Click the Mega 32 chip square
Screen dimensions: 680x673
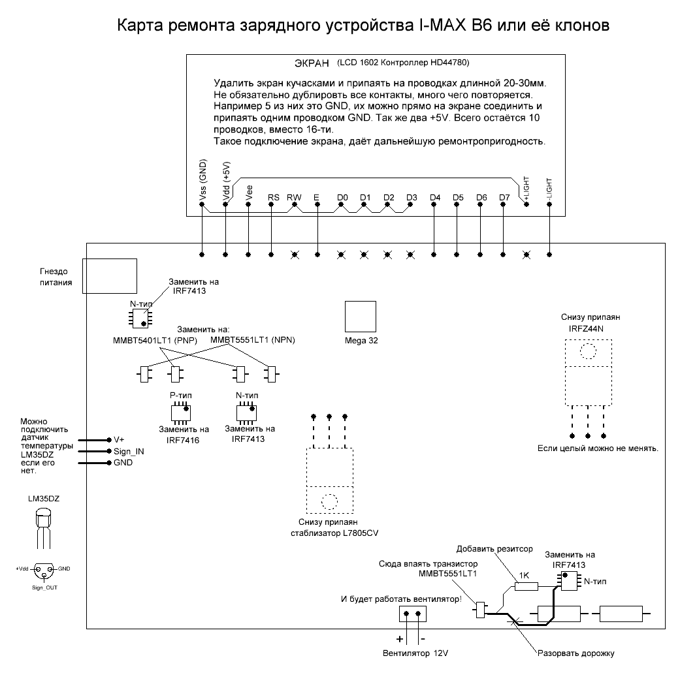tap(361, 317)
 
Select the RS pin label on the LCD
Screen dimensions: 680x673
tap(274, 198)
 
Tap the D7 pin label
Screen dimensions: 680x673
tap(504, 198)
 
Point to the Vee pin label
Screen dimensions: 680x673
tap(249, 193)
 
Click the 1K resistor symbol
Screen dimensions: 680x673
tap(526, 587)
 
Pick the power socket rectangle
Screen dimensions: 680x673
tap(110, 276)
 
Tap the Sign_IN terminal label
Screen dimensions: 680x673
tap(129, 452)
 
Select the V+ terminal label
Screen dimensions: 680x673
tap(119, 440)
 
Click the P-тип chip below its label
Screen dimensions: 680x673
tap(181, 413)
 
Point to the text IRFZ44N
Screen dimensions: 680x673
tap(586, 329)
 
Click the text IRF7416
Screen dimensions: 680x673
tap(183, 440)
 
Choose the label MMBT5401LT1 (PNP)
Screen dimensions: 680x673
tap(155, 341)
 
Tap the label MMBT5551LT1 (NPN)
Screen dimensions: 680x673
tap(252, 340)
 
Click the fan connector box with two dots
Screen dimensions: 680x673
tap(412, 614)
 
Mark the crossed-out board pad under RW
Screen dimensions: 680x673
tap(295, 255)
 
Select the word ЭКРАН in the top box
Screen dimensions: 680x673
tap(312, 63)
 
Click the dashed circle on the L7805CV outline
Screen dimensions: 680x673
tap(329, 502)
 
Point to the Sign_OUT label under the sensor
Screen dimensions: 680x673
tap(44, 587)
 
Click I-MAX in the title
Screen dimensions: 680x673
tap(442, 25)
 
